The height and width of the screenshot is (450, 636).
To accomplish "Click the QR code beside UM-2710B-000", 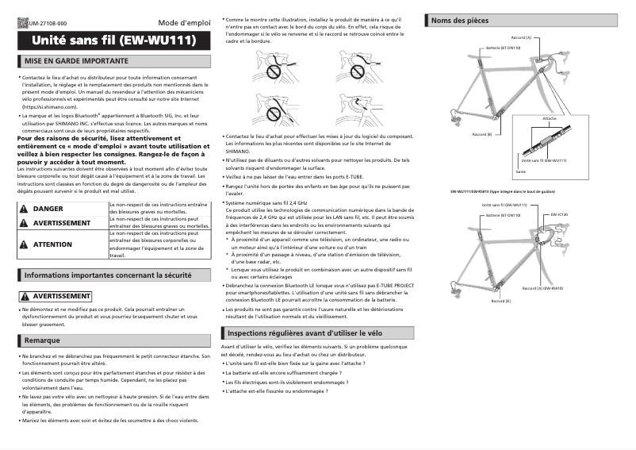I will tap(21, 25).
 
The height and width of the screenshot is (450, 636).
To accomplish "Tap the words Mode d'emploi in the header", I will tap(183, 24).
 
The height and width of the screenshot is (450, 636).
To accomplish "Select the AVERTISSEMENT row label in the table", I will tap(61, 223).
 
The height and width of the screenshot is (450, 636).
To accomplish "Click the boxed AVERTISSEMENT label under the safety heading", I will tap(56, 295).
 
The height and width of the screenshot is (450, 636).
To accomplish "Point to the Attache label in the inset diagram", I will tap(549, 117).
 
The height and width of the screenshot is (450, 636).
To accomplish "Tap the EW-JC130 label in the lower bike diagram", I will tap(561, 214).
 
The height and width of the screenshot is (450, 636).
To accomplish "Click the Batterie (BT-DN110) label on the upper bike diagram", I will tap(503, 47).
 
